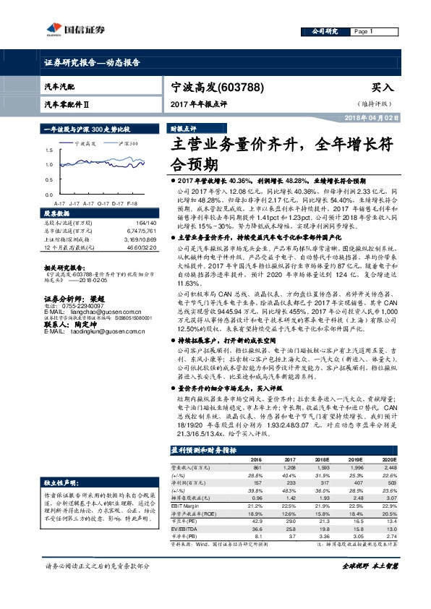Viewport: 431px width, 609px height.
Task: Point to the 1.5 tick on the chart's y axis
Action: tap(49, 150)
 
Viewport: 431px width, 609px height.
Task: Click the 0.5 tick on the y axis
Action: tap(49, 180)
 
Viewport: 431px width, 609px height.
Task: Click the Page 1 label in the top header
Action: tap(362, 32)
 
